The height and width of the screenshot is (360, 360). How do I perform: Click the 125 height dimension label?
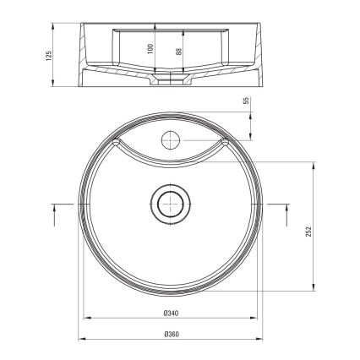click(49, 55)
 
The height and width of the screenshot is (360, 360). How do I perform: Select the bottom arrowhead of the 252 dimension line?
click(316, 288)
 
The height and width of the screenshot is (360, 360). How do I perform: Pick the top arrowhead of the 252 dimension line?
click(316, 166)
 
